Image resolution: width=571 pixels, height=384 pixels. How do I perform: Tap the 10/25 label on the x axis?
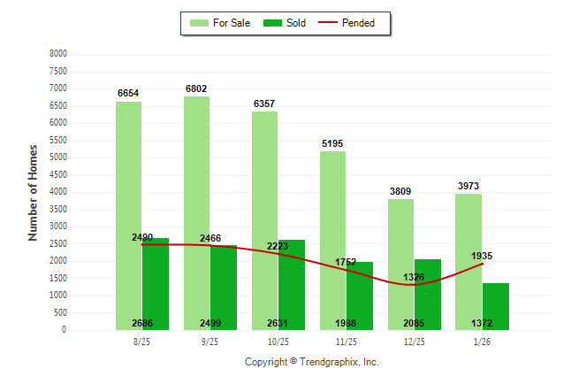278,342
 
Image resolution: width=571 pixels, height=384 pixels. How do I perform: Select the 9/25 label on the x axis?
209,342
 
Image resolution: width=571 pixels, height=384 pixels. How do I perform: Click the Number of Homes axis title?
34,192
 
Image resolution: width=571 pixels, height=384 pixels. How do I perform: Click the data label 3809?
400,191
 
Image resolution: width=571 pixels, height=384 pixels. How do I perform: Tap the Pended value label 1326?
412,277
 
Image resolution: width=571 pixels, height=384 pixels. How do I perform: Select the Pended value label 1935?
482,256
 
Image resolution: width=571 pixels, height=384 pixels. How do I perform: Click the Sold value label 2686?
143,323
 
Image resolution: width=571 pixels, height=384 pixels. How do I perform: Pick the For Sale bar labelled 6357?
264,221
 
